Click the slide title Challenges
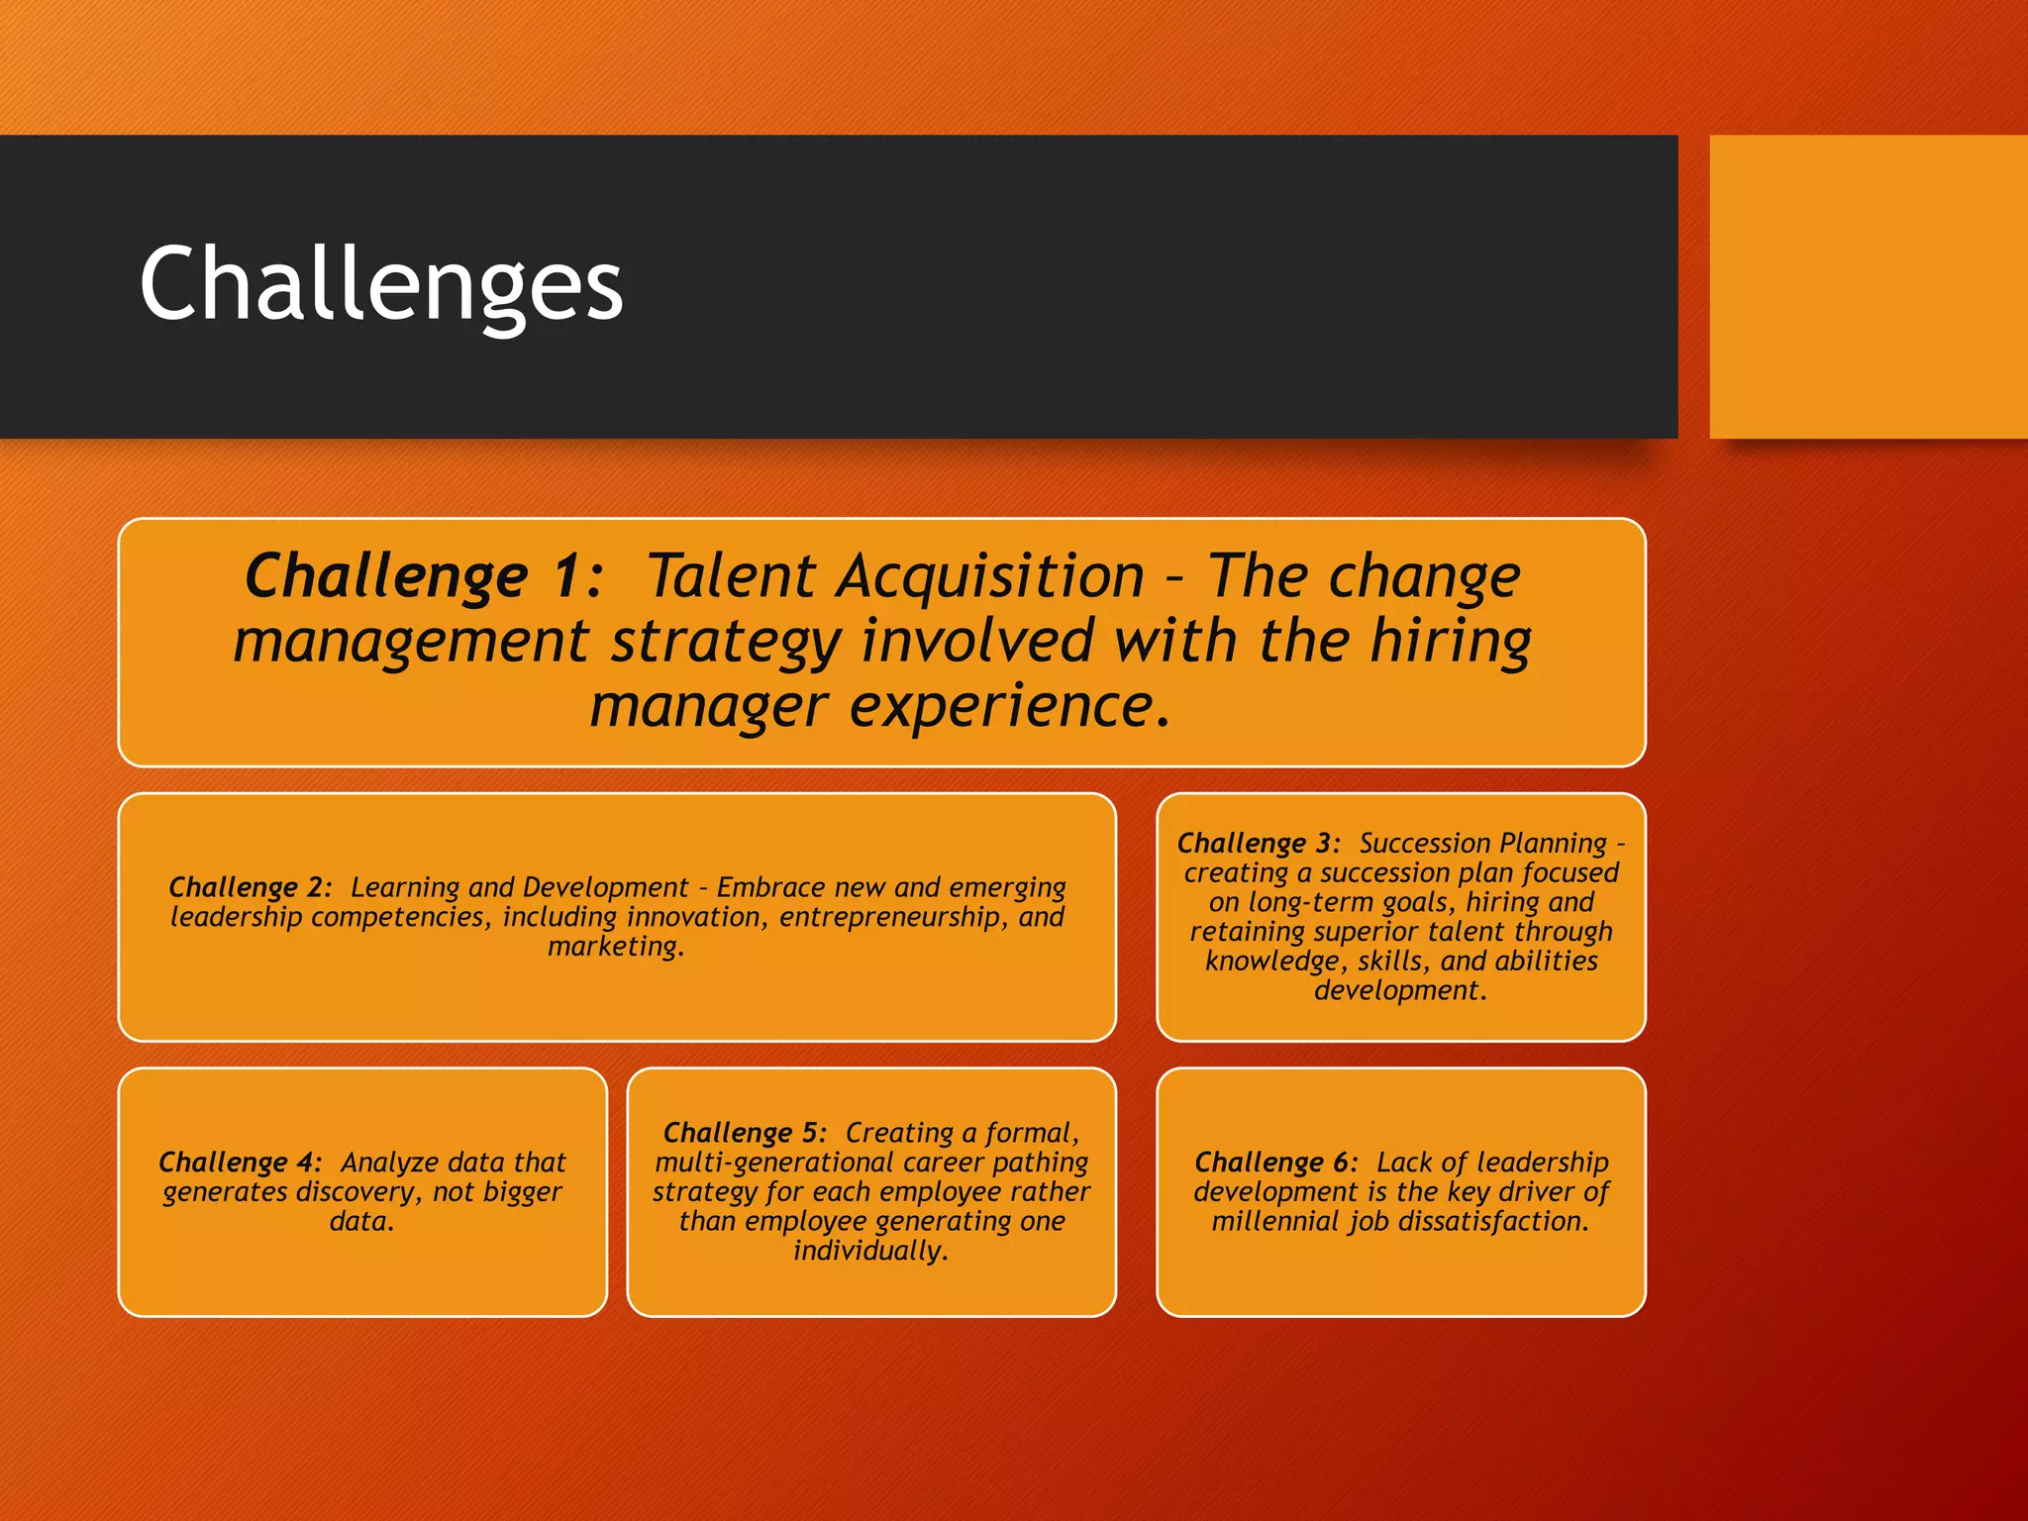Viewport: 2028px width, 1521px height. coord(381,285)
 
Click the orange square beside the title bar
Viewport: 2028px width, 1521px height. coord(1868,286)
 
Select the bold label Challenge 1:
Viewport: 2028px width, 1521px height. coord(424,576)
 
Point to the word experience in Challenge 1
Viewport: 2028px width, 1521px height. coord(1000,707)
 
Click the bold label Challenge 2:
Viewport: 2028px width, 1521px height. coord(250,887)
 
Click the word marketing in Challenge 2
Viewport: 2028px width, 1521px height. coord(613,947)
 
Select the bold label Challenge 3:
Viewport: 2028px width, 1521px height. coord(1258,844)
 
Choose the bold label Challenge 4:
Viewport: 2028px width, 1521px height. coord(240,1163)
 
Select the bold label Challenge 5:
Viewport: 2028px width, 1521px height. coord(744,1133)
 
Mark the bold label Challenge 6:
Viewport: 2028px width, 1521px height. coord(1275,1163)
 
